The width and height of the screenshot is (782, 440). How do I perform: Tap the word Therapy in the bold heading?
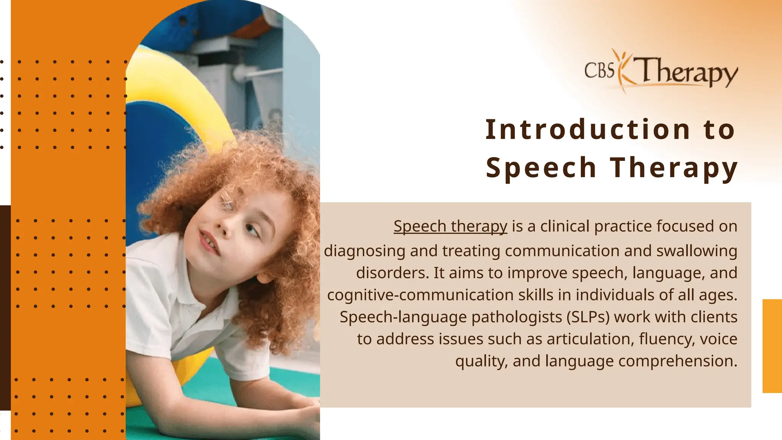(674, 168)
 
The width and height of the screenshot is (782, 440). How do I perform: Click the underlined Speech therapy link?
(450, 226)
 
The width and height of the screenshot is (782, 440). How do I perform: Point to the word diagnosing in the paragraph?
(365, 251)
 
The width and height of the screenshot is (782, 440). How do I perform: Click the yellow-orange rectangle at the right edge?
(772, 346)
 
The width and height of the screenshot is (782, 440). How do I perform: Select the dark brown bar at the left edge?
(5, 307)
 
